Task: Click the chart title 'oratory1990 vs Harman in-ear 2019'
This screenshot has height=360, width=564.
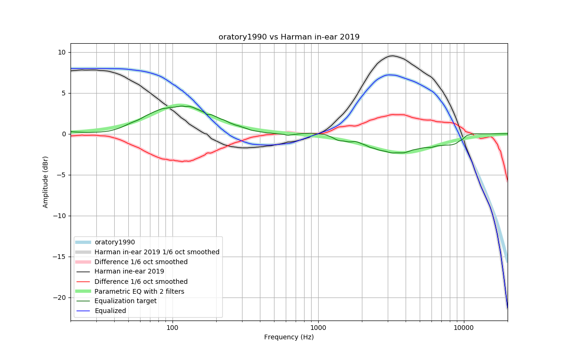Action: (289, 37)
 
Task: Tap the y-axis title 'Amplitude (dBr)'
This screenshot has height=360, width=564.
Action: (46, 182)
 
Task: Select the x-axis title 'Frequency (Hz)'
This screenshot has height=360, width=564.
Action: (289, 337)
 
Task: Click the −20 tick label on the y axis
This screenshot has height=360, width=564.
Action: (60, 298)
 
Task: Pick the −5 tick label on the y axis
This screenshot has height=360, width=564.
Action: (62, 175)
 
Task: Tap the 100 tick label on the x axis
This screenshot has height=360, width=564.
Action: (172, 327)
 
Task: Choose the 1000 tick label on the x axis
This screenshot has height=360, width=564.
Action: (318, 327)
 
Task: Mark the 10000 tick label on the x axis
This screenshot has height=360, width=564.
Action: (464, 327)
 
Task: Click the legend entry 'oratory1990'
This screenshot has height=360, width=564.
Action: (115, 243)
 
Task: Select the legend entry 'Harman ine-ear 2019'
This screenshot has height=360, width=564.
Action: (129, 272)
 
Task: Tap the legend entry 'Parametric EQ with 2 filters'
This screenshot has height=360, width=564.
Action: (139, 291)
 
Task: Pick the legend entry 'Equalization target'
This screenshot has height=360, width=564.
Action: (125, 301)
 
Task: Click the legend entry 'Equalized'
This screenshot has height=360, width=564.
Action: (110, 311)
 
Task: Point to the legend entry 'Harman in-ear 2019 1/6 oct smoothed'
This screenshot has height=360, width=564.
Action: (157, 252)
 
